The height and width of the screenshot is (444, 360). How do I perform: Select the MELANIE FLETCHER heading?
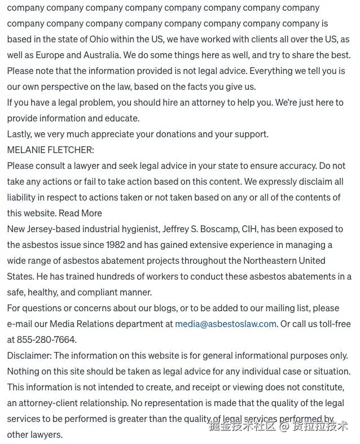click(51, 150)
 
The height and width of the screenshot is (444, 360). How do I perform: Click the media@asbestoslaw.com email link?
click(226, 324)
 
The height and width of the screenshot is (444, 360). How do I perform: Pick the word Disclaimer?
click(29, 355)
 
